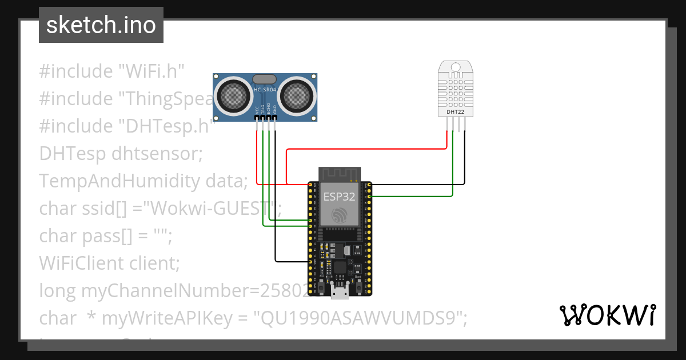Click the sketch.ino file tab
point(101,25)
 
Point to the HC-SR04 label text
point(265,90)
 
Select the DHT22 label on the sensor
point(456,113)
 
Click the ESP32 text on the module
point(339,197)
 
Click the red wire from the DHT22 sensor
point(366,150)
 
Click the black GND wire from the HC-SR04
point(275,200)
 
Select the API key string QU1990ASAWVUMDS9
point(358,319)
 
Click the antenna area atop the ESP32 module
point(340,173)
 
